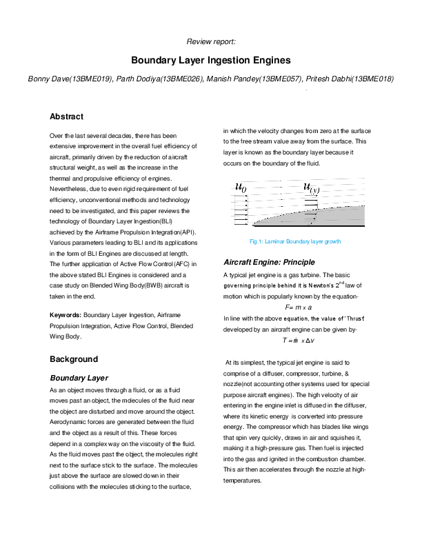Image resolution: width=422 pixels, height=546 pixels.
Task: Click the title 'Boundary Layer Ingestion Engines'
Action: click(210, 61)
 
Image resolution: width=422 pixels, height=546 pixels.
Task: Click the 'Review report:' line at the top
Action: click(211, 41)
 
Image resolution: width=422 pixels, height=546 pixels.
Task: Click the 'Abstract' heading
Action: click(67, 117)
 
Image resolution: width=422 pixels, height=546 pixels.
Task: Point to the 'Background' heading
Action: click(74, 359)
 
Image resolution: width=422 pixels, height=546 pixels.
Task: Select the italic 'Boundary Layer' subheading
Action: click(79, 378)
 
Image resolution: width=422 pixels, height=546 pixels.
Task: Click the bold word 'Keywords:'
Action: click(66, 315)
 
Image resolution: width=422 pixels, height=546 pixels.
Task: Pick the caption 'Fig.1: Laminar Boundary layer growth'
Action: click(294, 242)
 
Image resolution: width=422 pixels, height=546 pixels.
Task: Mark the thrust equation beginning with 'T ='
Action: click(298, 340)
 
